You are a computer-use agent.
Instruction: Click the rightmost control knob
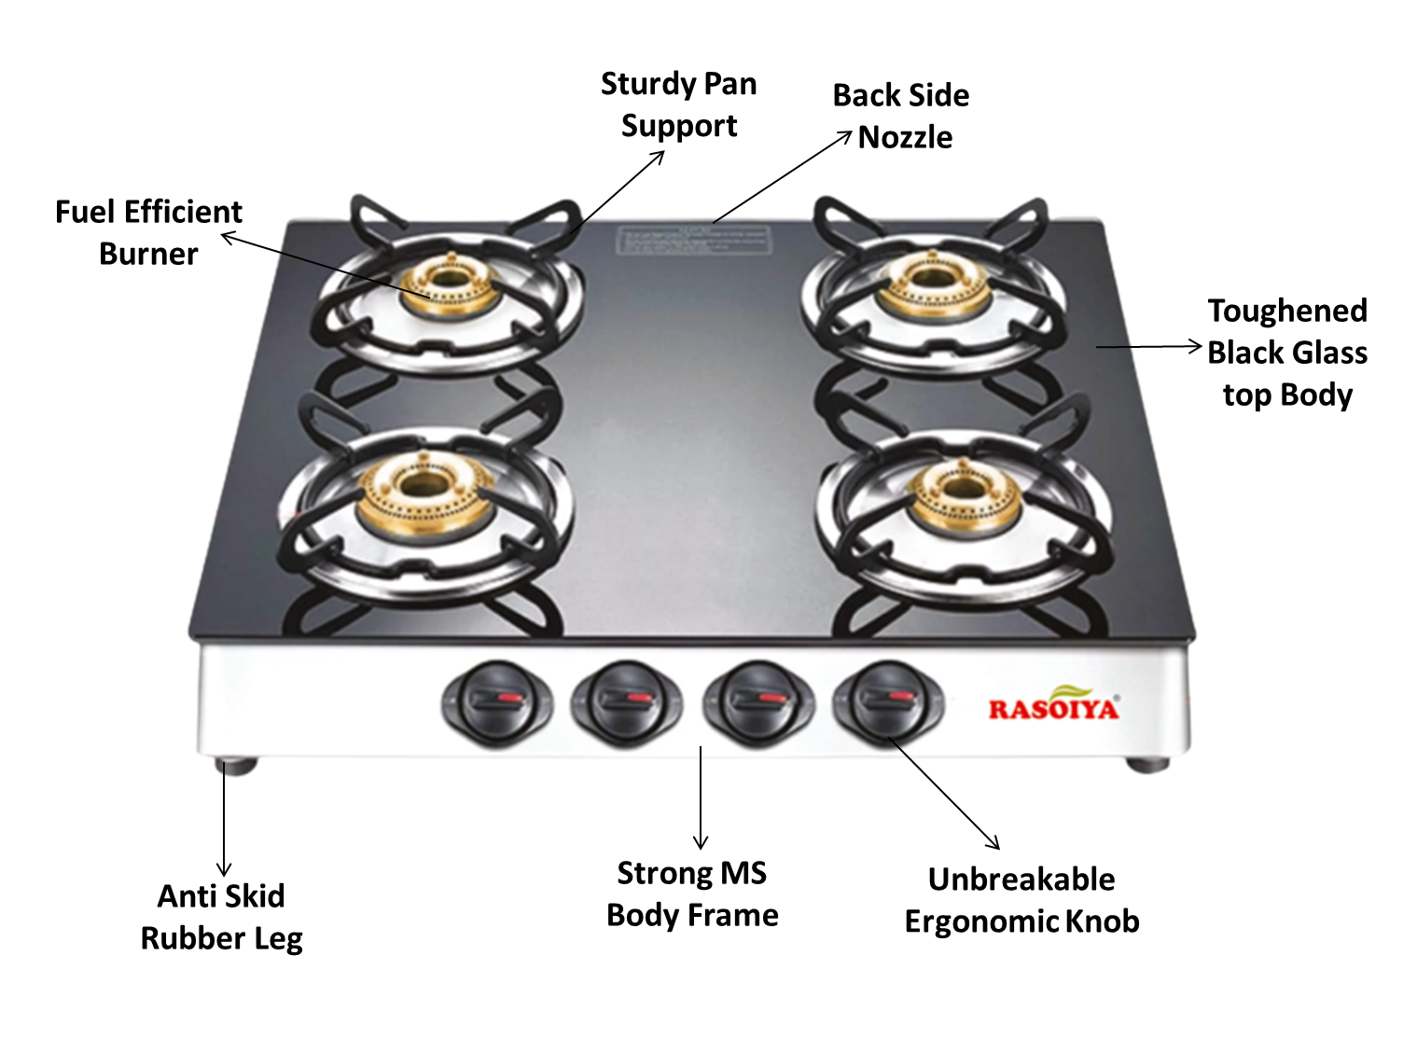click(x=887, y=700)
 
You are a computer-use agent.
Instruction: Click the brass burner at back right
click(x=929, y=283)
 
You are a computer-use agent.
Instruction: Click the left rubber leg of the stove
click(x=237, y=766)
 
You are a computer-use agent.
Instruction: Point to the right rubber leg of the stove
click(x=1146, y=764)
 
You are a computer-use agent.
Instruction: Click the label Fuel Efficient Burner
click(x=148, y=232)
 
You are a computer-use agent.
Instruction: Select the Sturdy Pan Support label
click(x=679, y=104)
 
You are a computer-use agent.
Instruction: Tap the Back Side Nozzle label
click(x=901, y=117)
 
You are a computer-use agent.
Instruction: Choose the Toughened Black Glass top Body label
click(x=1287, y=353)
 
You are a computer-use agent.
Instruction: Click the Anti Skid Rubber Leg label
click(x=222, y=917)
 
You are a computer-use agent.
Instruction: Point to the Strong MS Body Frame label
click(x=692, y=894)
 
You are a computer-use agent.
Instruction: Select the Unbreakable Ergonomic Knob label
click(x=1022, y=900)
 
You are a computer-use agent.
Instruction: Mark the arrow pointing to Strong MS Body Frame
click(x=701, y=797)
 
